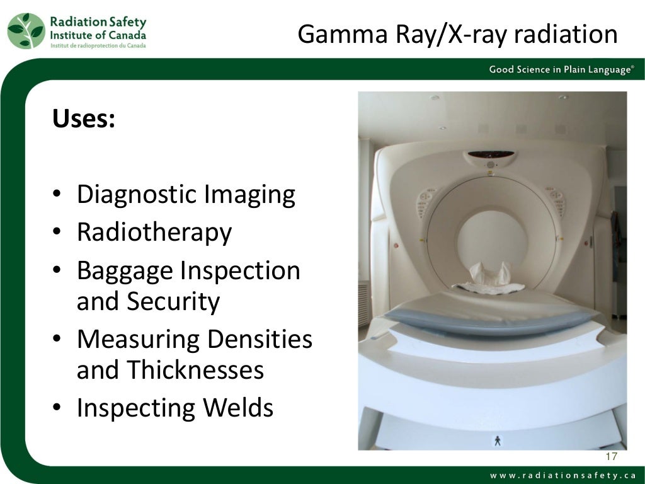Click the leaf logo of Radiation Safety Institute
[x=26, y=30]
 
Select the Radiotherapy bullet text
[x=154, y=232]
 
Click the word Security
[x=173, y=302]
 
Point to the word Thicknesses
[x=196, y=370]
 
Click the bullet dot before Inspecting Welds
[x=57, y=409]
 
